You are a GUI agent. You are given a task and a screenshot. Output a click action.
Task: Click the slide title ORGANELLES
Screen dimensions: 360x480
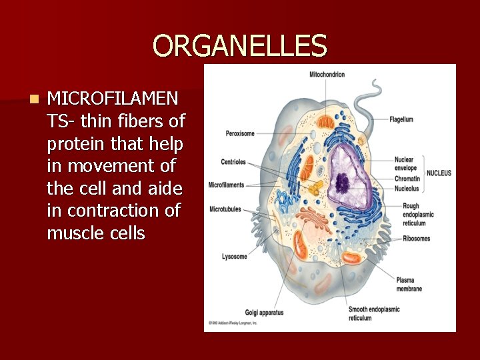[x=240, y=46]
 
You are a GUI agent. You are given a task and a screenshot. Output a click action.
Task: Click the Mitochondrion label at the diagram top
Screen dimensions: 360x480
[x=327, y=75]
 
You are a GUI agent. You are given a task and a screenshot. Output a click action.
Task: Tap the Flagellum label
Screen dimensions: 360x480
[x=401, y=119]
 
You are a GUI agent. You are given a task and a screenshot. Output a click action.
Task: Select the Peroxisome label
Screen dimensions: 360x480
[x=239, y=133]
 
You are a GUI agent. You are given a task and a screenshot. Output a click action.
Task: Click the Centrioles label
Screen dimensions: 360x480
[x=233, y=162]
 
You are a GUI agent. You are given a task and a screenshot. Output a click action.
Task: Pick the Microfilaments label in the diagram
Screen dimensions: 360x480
[x=226, y=185]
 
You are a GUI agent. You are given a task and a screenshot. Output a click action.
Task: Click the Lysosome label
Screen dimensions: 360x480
[x=234, y=256]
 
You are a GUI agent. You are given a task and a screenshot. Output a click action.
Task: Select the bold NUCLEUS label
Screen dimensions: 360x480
[x=439, y=173]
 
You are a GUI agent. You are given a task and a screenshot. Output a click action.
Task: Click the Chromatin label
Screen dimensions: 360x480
[x=407, y=179]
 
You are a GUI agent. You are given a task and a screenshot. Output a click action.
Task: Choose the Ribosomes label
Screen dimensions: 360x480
[x=416, y=239]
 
